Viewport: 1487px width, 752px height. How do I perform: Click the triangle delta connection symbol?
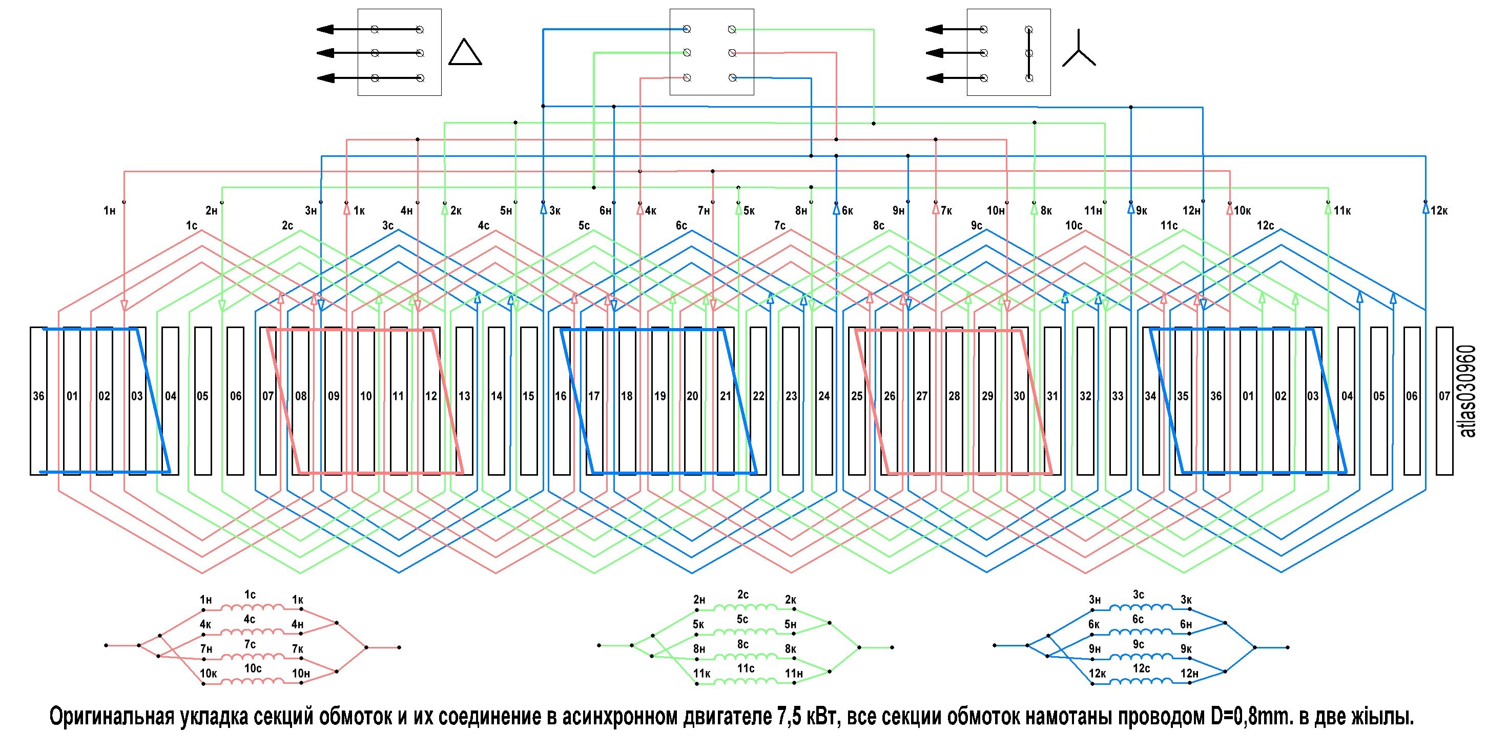(465, 53)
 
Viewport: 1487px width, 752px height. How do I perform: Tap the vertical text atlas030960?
(1469, 391)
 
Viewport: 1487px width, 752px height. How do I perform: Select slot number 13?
(464, 396)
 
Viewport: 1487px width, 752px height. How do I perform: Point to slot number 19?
(660, 396)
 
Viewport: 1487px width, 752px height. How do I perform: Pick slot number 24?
(824, 396)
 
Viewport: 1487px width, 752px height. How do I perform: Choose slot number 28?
(954, 396)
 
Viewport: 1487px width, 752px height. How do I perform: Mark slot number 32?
(1085, 396)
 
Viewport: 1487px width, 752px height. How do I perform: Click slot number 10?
(366, 396)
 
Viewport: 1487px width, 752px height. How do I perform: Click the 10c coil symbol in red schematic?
(253, 682)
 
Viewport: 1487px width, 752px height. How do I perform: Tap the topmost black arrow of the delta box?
(335, 29)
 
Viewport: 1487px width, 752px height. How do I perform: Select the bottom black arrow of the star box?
(944, 78)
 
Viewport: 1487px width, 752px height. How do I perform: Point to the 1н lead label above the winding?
(110, 211)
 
